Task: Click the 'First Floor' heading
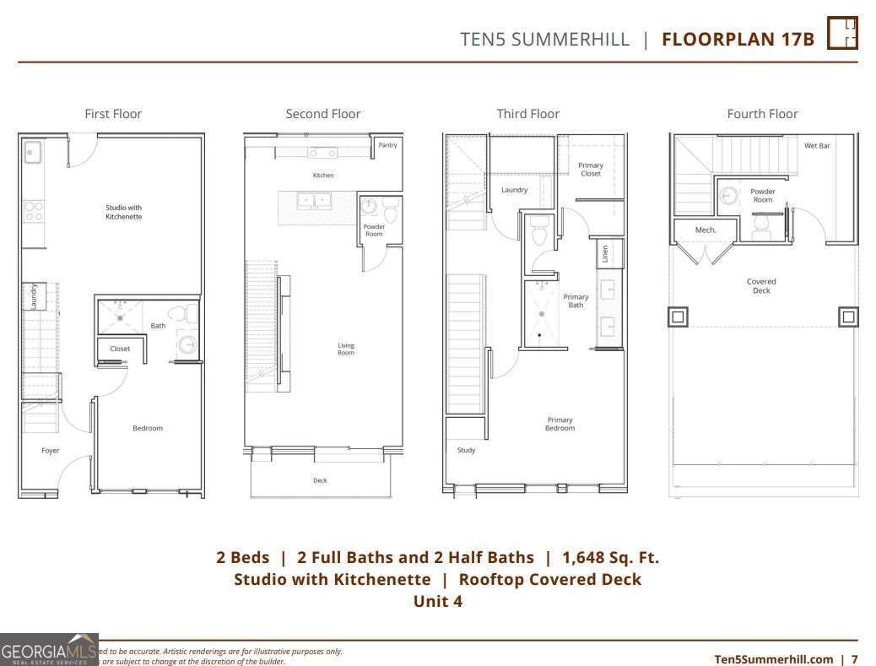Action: tap(113, 114)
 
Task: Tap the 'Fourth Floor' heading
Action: tap(762, 114)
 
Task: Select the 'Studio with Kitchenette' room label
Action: tap(123, 212)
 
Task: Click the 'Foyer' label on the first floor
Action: tap(51, 451)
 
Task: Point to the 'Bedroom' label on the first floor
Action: tap(148, 428)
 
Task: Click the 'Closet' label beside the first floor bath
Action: tap(120, 349)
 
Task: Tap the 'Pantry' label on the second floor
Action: tap(387, 145)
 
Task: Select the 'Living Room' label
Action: tap(346, 349)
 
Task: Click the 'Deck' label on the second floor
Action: tap(320, 480)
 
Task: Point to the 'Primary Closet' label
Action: tap(591, 170)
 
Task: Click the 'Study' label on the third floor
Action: tap(466, 450)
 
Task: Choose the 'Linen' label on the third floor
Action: tap(605, 253)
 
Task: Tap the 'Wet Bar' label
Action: tap(816, 146)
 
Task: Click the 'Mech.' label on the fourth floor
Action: tap(706, 230)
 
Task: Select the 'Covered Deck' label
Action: tap(761, 286)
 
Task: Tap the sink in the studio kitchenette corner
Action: tap(33, 153)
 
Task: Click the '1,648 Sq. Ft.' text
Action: tap(610, 557)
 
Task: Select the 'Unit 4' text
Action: tap(437, 601)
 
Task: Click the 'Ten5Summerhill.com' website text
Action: tap(773, 659)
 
